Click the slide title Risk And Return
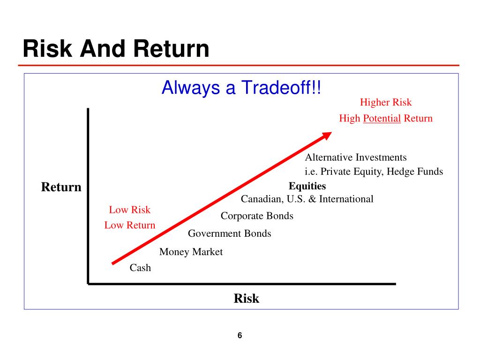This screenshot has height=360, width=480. click(x=116, y=49)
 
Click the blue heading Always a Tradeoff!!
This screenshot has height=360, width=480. click(x=241, y=88)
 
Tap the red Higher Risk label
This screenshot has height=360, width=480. click(x=386, y=102)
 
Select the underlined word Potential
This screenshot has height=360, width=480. click(x=382, y=119)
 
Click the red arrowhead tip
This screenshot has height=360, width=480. click(x=331, y=133)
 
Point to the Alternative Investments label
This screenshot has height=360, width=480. click(x=356, y=157)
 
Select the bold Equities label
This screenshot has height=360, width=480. click(x=307, y=186)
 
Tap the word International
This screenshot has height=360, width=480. click(x=346, y=199)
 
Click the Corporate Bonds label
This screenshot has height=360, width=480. click(x=257, y=216)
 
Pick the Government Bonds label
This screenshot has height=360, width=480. click(x=230, y=233)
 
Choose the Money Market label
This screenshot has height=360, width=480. click(x=191, y=252)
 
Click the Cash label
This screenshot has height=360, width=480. click(x=140, y=268)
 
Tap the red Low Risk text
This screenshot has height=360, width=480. click(x=130, y=210)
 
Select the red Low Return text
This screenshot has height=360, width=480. click(x=130, y=225)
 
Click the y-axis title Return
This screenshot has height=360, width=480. click(x=61, y=187)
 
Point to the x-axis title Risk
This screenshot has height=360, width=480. click(x=247, y=299)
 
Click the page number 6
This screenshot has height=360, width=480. click(x=240, y=336)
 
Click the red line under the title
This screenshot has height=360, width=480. click(x=239, y=66)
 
